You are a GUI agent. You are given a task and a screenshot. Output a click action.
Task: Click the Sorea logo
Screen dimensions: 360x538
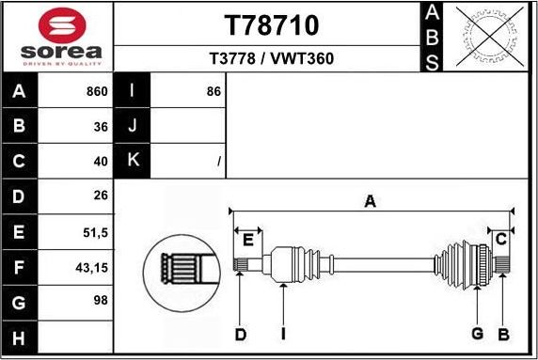pyautogui.click(x=57, y=38)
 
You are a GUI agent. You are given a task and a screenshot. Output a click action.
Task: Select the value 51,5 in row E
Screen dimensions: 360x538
pyautogui.click(x=95, y=231)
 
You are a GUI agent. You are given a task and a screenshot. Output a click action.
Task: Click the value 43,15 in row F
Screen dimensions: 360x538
pyautogui.click(x=91, y=267)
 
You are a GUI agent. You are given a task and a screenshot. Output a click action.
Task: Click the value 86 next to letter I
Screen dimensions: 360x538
pyautogui.click(x=214, y=92)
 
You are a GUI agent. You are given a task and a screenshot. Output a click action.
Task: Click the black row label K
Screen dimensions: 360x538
pyautogui.click(x=132, y=161)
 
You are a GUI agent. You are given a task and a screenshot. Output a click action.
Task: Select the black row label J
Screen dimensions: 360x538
pyautogui.click(x=132, y=126)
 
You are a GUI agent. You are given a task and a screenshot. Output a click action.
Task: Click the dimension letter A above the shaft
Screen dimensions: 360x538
pyautogui.click(x=371, y=200)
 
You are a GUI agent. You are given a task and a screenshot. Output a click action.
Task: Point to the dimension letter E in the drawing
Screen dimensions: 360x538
pyautogui.click(x=248, y=240)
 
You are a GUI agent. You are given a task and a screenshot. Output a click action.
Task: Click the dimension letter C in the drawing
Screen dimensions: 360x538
pyautogui.click(x=501, y=239)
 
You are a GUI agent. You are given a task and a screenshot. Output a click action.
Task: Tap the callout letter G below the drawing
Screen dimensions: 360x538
pyautogui.click(x=477, y=334)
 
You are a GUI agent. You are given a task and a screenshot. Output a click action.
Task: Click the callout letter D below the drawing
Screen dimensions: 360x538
pyautogui.click(x=240, y=334)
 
